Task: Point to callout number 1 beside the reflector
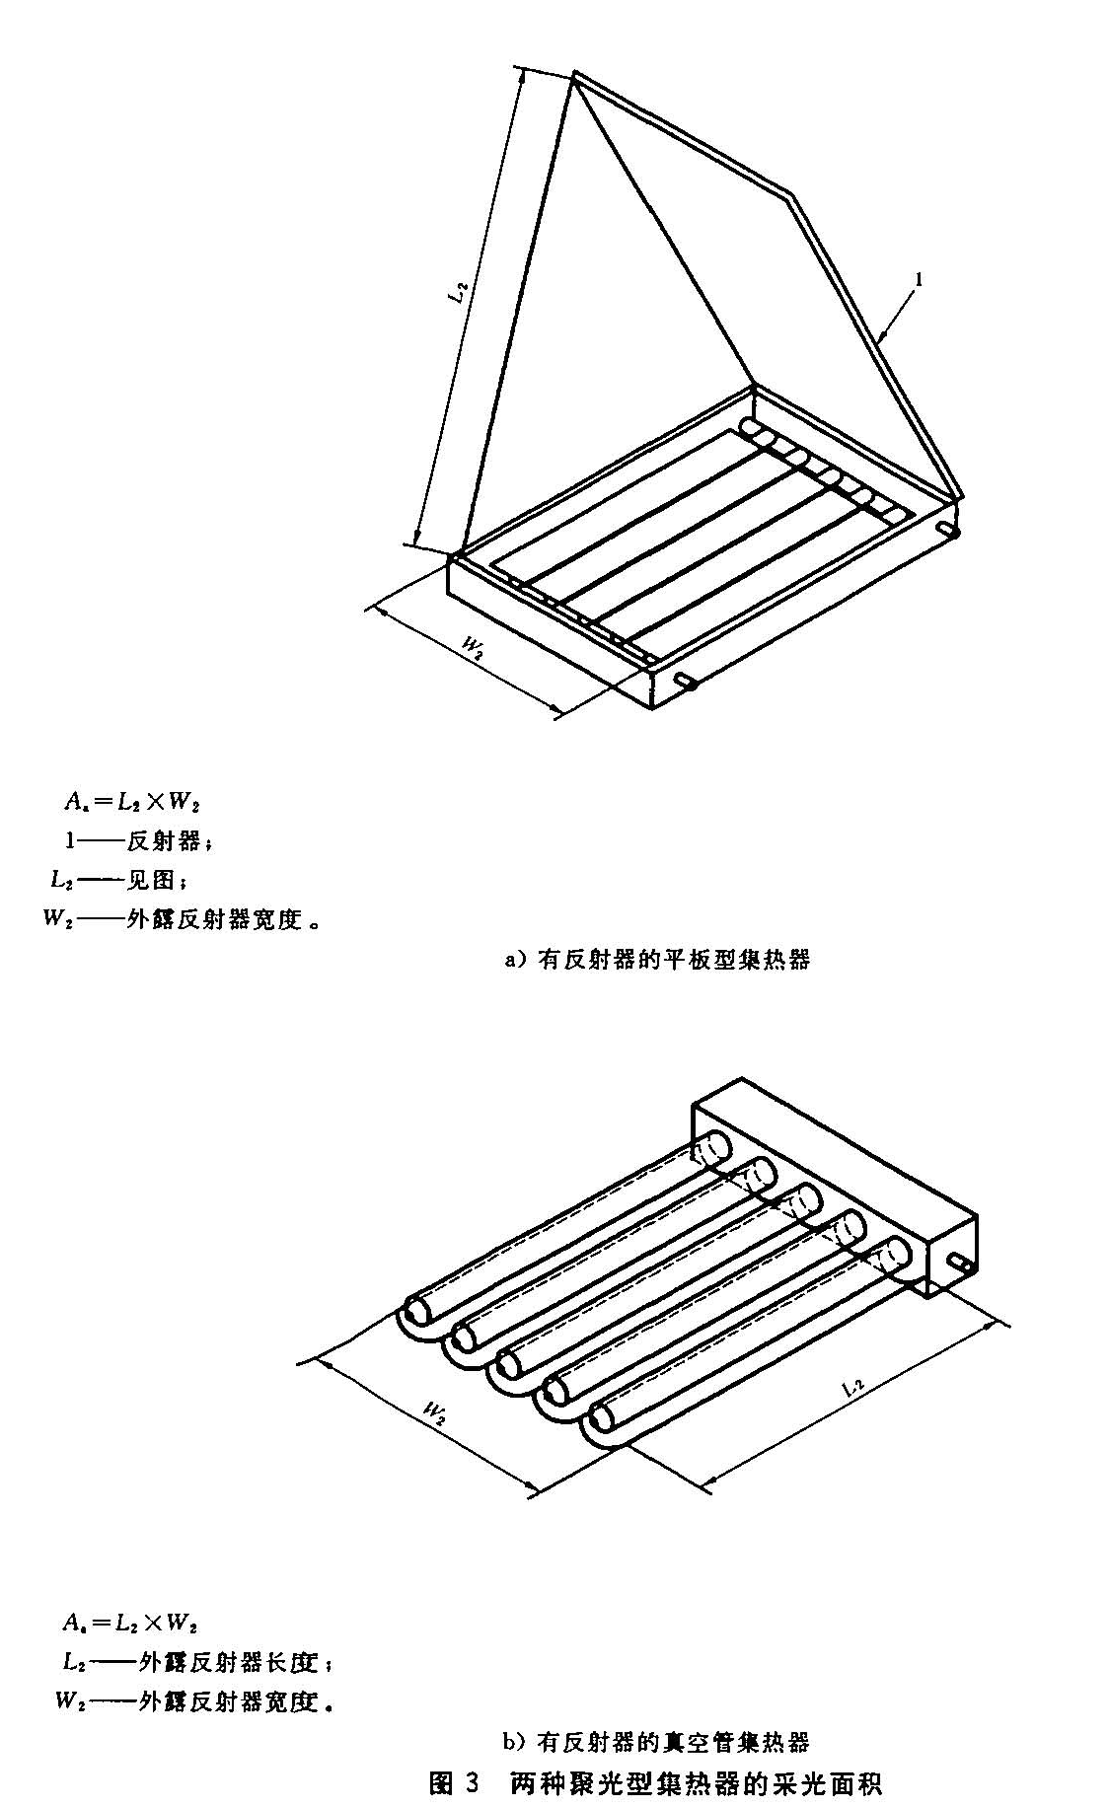tap(919, 281)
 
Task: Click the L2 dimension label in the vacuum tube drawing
tap(854, 1388)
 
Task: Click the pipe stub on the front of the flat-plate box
tap(688, 681)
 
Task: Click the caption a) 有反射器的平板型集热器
tap(656, 958)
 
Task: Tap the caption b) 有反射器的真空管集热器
tap(656, 1742)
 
